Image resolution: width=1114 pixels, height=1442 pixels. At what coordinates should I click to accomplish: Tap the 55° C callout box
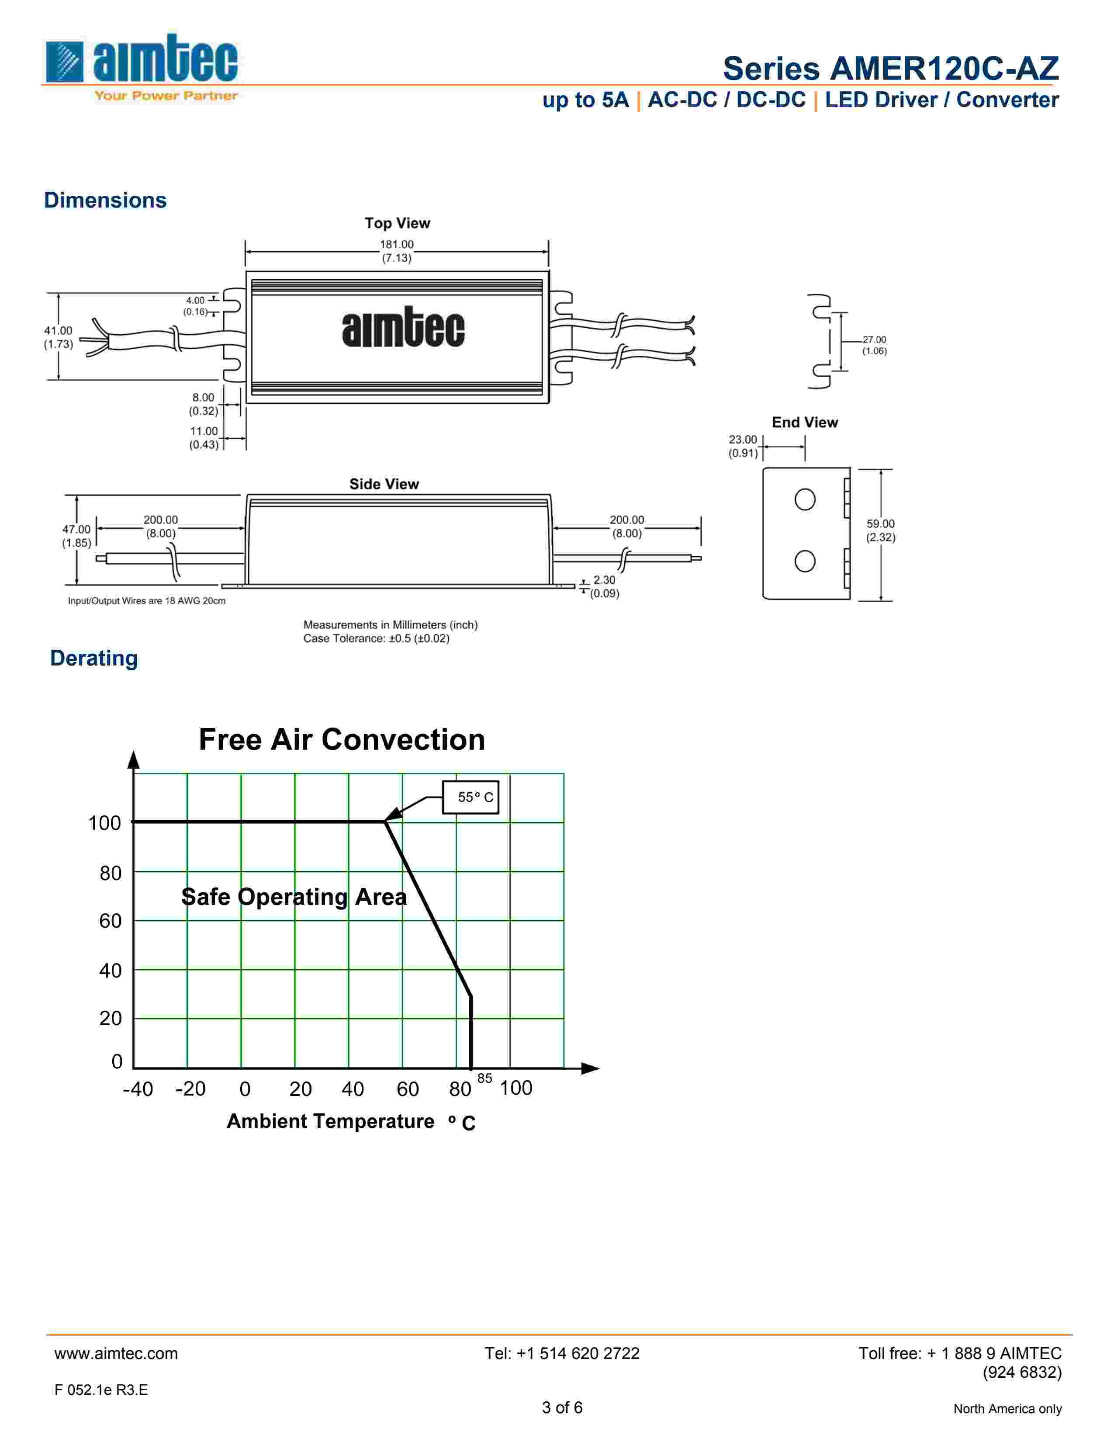[470, 797]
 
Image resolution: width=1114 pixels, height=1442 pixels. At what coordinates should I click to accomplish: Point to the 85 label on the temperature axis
[484, 1078]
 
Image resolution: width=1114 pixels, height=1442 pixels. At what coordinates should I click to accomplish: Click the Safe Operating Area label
[294, 897]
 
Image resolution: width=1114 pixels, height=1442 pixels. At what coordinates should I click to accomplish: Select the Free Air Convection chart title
[342, 739]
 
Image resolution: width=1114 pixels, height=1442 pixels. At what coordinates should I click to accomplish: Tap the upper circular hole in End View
[804, 499]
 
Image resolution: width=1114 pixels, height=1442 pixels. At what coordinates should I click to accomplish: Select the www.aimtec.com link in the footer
[116, 1354]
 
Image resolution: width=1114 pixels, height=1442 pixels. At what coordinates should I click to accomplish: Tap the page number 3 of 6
[562, 1407]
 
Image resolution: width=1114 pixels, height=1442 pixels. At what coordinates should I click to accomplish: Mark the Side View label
[384, 484]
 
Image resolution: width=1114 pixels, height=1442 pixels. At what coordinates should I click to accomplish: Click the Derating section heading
[94, 658]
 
